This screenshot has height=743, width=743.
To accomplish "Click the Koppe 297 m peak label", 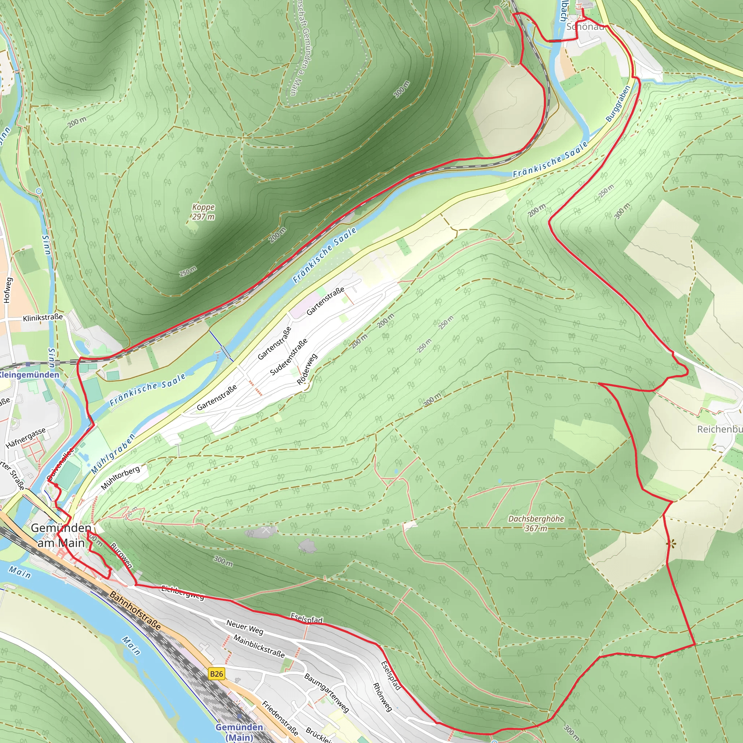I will point(204,212).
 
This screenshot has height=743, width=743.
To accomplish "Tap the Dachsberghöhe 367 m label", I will point(536,524).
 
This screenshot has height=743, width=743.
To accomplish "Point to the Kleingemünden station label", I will point(29,374).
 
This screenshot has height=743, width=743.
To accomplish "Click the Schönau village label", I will point(584,26).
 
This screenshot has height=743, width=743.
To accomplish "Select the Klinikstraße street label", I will point(43,318).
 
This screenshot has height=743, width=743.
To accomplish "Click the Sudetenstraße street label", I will point(288,357).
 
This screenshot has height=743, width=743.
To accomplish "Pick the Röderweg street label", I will point(307,369).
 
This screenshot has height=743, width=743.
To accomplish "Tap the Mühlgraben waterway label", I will point(113,454).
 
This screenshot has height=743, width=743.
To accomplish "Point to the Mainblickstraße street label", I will point(259,646).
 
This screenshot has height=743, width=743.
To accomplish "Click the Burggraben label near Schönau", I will point(618,104).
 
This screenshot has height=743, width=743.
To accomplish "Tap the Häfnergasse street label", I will point(26,438).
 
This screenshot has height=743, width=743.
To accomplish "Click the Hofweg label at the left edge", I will point(8,290).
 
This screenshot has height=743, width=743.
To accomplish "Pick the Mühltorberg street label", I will point(120,478).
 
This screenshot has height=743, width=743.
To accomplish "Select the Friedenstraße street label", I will point(280,718).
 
